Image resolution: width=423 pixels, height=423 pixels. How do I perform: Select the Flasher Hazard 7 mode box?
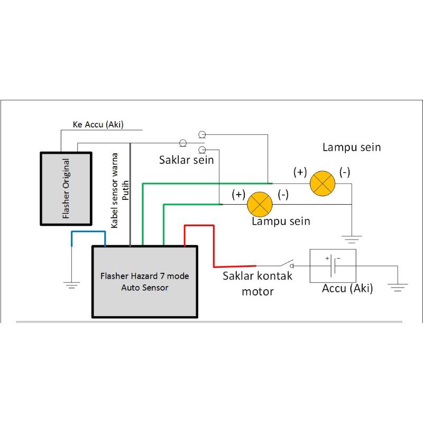pos(145,282)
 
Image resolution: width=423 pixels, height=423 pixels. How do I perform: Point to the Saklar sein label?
pos(186,159)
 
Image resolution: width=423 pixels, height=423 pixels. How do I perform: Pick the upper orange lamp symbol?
pos(323,183)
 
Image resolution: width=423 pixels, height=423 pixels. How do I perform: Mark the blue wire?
pos(88,233)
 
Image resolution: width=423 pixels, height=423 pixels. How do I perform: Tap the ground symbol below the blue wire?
pos(72,284)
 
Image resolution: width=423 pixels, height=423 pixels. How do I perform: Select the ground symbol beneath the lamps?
pos(351,237)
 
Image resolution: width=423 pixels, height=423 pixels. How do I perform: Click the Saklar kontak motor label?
pos(257,283)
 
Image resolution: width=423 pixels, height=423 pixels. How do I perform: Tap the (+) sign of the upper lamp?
pos(300,172)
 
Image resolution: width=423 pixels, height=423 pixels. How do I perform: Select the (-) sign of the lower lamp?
pos(283,195)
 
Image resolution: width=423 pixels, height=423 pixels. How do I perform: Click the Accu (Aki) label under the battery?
pos(347,289)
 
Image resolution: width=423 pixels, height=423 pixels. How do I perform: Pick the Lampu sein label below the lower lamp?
pos(281,221)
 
